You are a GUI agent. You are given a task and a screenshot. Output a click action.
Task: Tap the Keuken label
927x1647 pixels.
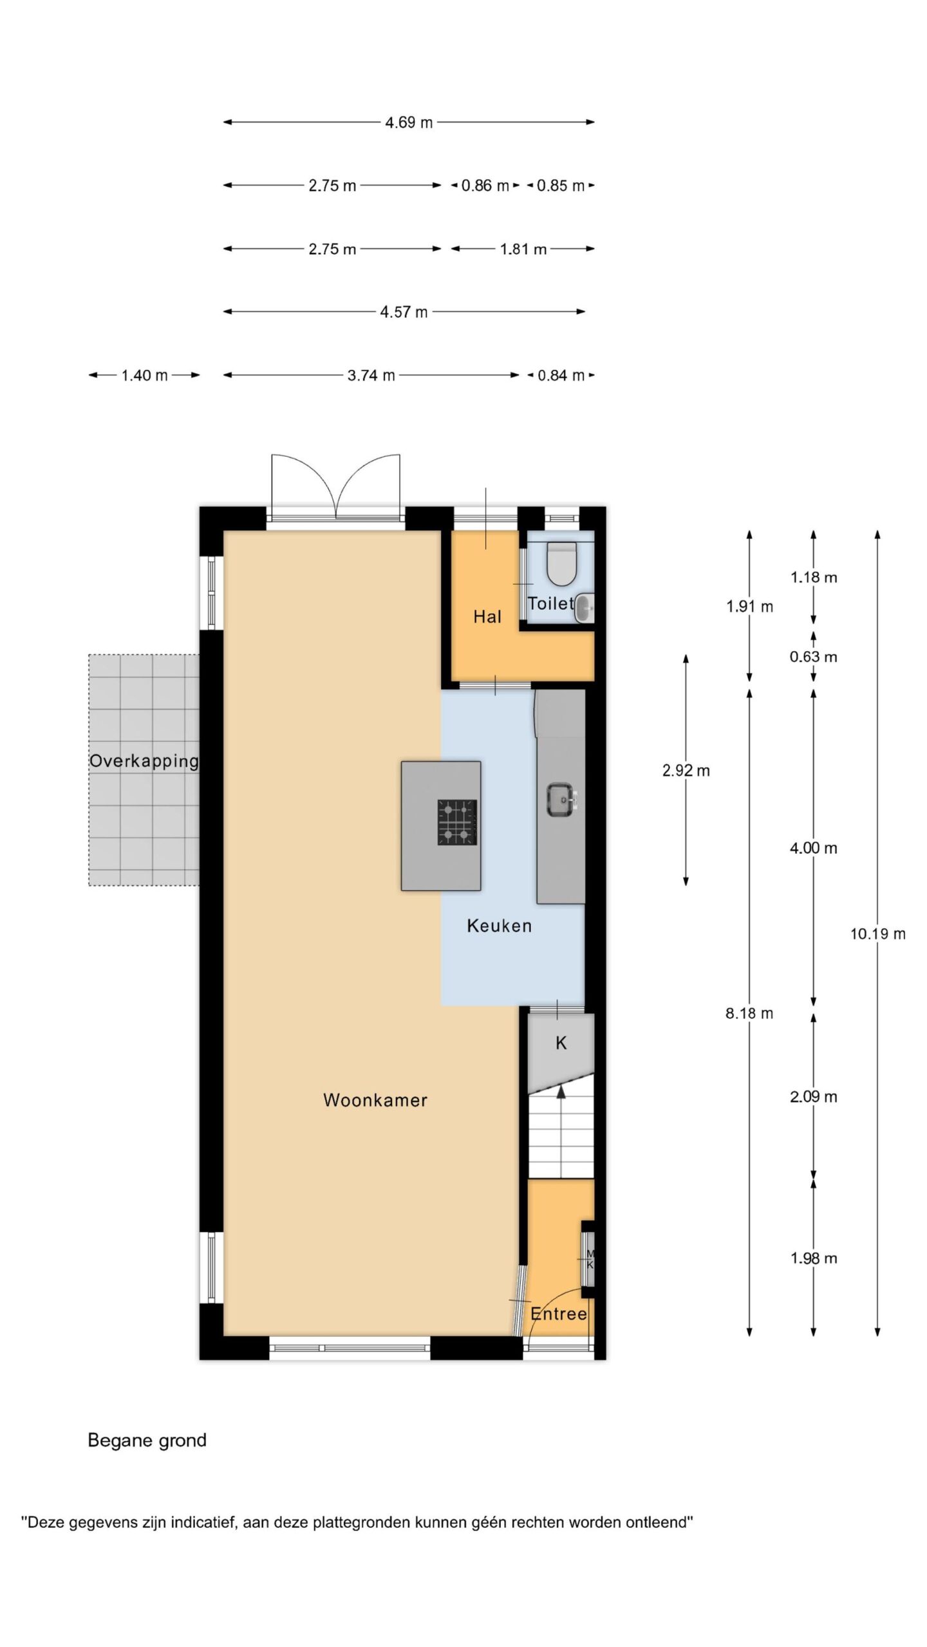500,926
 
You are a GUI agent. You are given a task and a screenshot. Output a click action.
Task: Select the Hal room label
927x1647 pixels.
487,617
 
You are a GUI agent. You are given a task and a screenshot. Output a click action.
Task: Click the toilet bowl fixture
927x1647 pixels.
561,563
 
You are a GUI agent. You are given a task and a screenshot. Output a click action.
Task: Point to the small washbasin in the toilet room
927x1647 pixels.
584,609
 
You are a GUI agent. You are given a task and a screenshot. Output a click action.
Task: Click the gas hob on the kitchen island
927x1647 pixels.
458,822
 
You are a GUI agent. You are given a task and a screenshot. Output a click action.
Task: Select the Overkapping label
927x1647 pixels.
144,762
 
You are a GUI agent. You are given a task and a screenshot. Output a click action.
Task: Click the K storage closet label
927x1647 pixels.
561,1043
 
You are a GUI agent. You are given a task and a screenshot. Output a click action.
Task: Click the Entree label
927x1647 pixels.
559,1313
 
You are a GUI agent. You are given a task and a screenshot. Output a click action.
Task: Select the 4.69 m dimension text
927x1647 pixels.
409,122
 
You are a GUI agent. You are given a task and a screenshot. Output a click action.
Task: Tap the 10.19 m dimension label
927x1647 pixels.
878,934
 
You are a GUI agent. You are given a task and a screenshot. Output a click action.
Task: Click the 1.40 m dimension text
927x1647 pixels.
145,375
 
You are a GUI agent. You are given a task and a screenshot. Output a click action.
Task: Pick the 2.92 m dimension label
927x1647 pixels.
686,770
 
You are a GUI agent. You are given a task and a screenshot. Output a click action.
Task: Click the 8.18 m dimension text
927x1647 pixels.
749,1013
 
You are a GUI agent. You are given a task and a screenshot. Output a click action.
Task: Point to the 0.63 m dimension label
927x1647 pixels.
814,657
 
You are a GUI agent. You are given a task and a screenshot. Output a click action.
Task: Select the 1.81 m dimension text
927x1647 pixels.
523,249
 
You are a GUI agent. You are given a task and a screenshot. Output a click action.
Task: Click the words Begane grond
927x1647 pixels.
147,1440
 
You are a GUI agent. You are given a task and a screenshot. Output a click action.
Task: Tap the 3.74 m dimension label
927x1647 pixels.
371,375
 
